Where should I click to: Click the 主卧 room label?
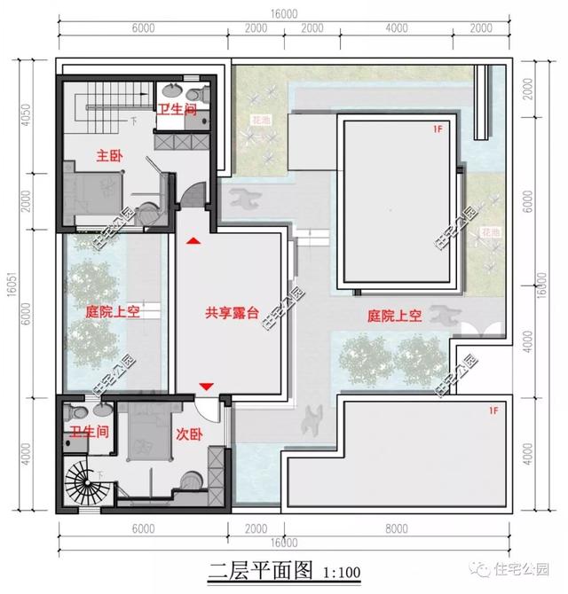[x=109, y=155]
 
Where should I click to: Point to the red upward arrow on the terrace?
[x=193, y=239]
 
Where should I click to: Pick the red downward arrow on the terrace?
[x=206, y=386]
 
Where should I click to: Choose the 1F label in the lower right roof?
[x=493, y=410]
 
